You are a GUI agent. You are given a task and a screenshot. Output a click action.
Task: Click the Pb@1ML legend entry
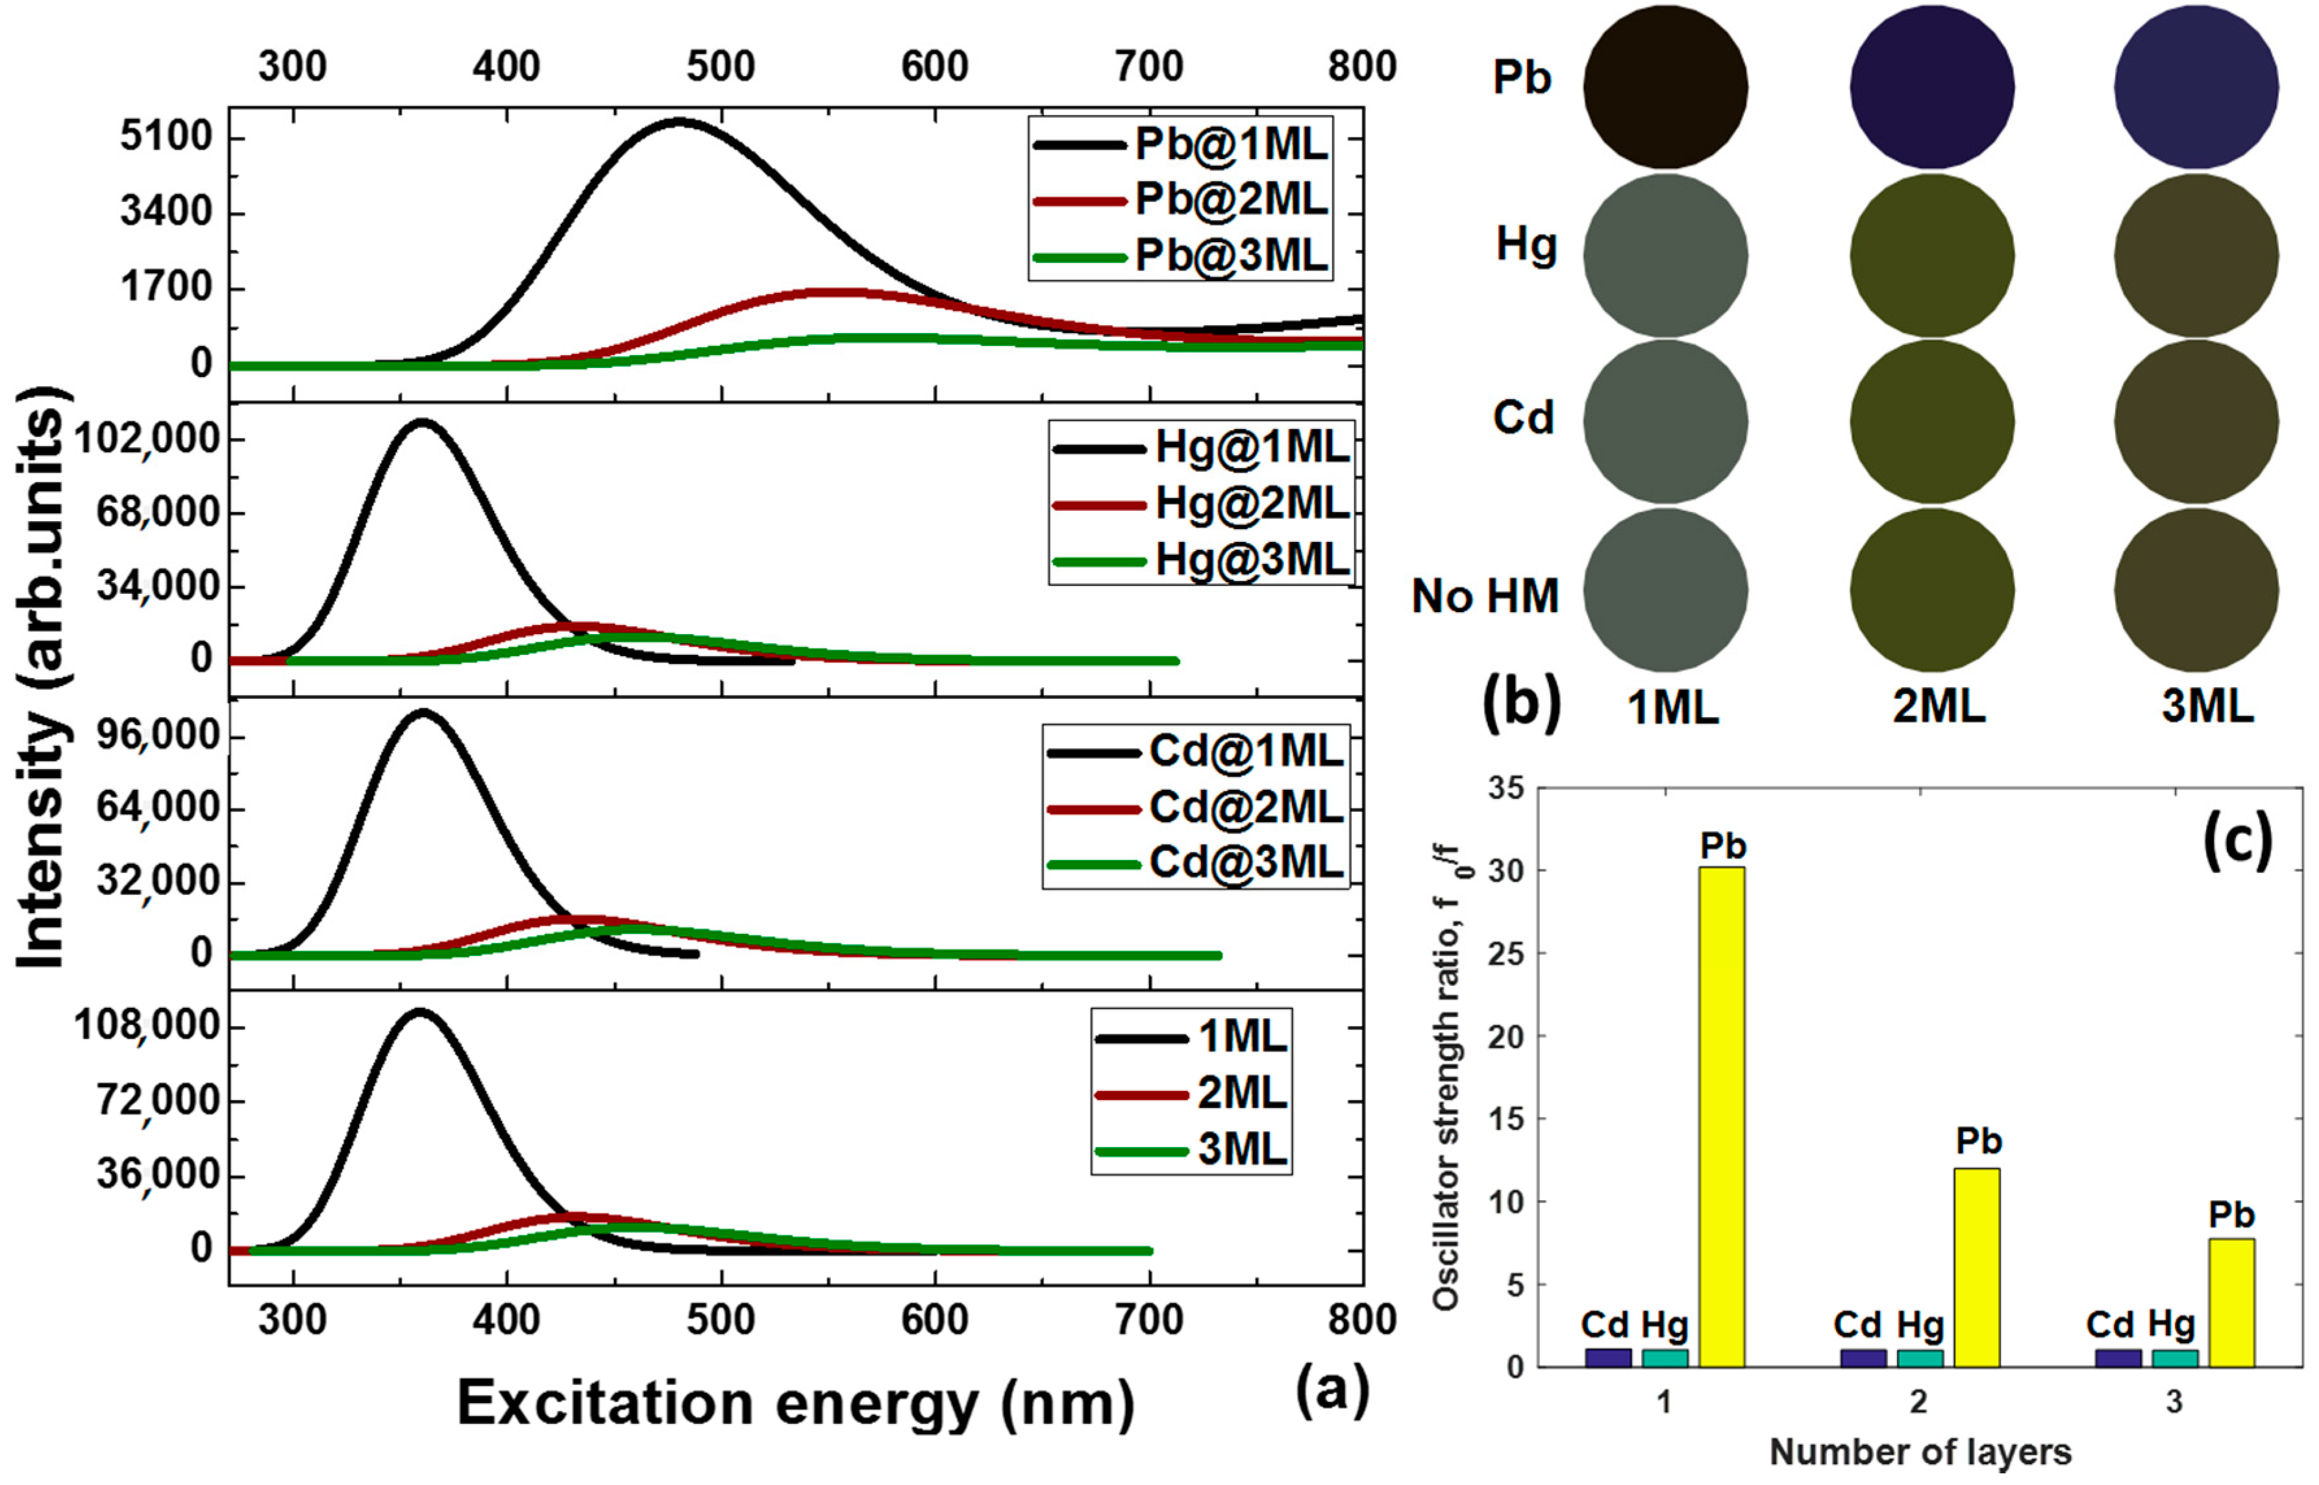1181,145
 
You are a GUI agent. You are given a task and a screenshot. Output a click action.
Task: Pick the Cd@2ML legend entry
1197,808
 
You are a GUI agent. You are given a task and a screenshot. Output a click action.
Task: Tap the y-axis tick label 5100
166,137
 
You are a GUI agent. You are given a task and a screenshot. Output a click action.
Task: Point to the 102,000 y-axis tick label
147,439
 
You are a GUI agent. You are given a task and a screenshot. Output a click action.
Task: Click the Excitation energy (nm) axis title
795,1403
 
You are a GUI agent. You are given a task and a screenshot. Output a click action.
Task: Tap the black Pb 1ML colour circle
1665,87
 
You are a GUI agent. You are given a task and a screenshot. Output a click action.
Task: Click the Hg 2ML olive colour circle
1932,256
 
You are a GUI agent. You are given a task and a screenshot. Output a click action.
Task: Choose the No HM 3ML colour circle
2196,590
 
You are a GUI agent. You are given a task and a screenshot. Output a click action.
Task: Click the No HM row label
1485,596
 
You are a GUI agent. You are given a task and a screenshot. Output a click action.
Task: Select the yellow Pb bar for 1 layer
1722,1116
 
